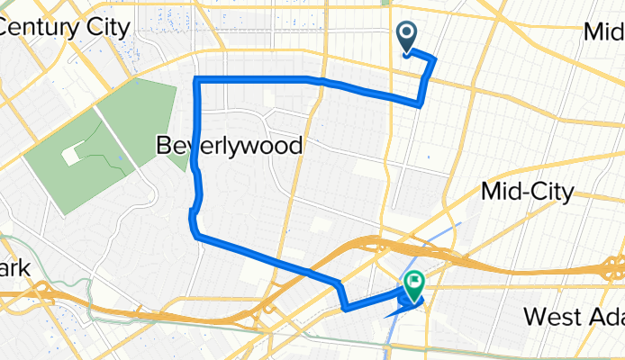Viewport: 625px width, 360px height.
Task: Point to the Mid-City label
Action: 528,191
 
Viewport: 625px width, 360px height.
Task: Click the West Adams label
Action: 574,317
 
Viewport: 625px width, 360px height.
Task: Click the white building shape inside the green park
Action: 69,155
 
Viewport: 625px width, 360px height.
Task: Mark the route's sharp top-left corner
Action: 197,82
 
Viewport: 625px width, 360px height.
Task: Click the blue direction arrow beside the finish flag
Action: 394,312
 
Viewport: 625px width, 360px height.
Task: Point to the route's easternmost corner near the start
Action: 435,59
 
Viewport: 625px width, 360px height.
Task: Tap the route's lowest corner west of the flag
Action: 345,310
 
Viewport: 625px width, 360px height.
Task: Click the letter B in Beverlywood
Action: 166,144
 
